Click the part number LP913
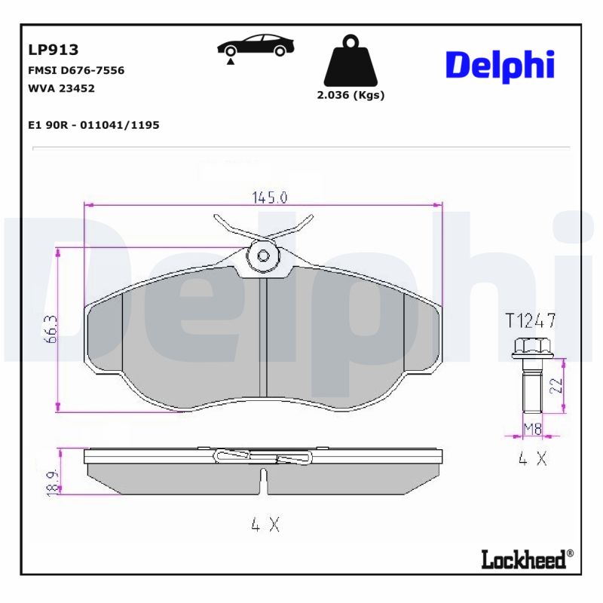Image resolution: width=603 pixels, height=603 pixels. coord(54,51)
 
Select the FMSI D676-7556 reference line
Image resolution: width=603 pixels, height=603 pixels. coord(76,70)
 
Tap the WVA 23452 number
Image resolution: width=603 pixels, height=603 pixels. coord(61,88)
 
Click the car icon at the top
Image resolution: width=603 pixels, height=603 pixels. coord(256,46)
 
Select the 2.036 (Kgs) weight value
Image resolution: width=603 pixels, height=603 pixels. coord(351,95)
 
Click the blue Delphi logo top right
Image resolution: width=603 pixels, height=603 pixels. coord(500,66)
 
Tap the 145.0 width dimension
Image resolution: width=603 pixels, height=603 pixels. coord(268,197)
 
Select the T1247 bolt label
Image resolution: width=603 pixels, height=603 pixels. coord(531,320)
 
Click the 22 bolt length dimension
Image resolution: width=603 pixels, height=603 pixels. coord(556,386)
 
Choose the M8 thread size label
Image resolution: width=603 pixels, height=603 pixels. coord(533,429)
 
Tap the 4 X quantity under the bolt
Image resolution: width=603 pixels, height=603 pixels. coord(532,458)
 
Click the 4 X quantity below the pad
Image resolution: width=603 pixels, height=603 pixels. coord(265,525)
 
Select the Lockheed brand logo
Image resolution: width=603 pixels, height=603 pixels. coord(526,559)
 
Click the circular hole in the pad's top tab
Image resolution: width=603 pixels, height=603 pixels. coord(263,256)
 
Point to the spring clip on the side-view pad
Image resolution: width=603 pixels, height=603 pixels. coord(263,457)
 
